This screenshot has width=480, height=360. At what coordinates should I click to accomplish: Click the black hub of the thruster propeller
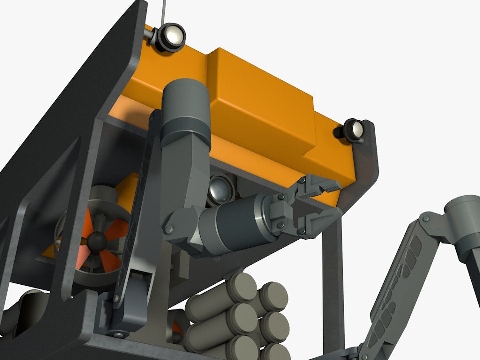tap(97, 239)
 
